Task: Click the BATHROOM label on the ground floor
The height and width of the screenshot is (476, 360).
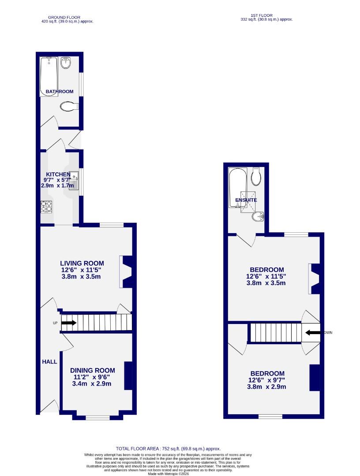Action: click(60, 92)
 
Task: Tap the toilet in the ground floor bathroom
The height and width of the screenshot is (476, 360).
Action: click(69, 106)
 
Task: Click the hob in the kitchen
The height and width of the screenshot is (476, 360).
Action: click(47, 207)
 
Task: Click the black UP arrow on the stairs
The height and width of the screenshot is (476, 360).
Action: click(68, 323)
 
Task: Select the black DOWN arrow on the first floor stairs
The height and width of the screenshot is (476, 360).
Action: click(312, 333)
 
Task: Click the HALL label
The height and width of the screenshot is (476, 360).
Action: click(49, 362)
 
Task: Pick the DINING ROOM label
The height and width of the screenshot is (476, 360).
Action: click(93, 371)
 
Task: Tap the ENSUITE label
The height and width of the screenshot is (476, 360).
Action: click(246, 200)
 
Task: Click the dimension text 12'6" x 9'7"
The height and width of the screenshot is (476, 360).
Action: click(267, 380)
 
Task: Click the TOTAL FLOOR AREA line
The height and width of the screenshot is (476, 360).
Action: click(168, 448)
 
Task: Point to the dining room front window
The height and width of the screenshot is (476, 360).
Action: click(97, 417)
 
